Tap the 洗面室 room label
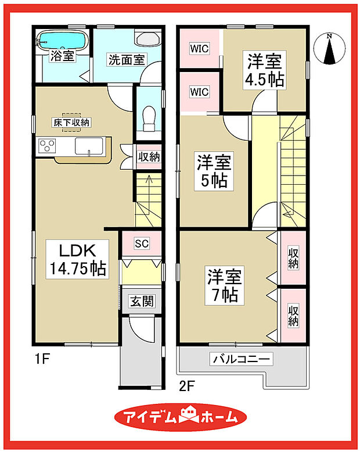[x=126, y=59]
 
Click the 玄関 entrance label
[x=141, y=301]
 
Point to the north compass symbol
[x=330, y=49]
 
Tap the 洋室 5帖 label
[x=214, y=171]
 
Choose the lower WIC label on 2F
[x=199, y=92]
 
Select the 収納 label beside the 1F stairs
[x=149, y=157]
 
